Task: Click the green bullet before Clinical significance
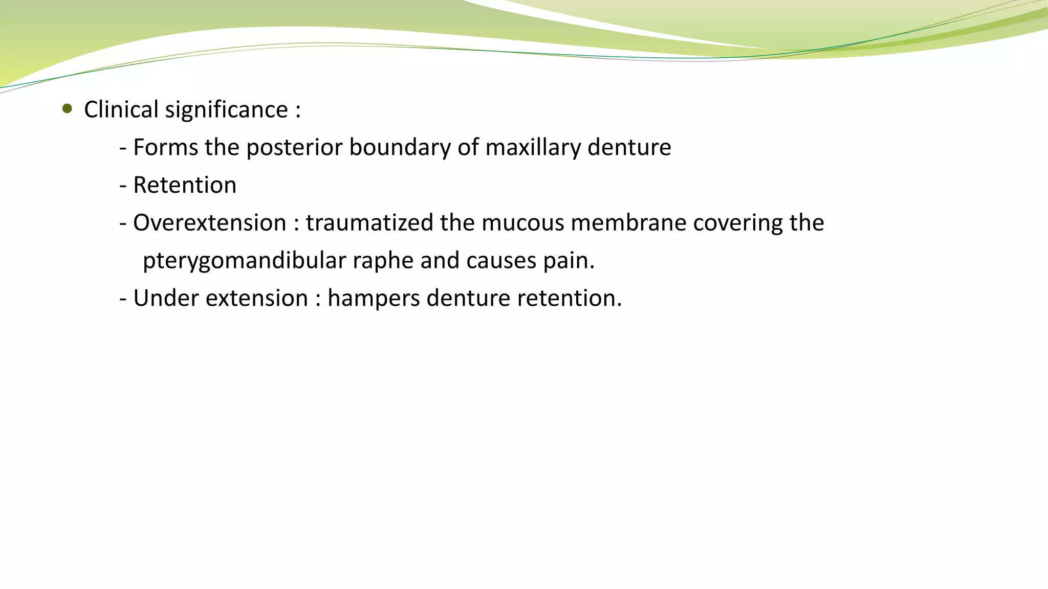(67, 108)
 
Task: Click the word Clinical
(121, 109)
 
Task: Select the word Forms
(165, 147)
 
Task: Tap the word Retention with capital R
(185, 185)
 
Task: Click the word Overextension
(210, 223)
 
